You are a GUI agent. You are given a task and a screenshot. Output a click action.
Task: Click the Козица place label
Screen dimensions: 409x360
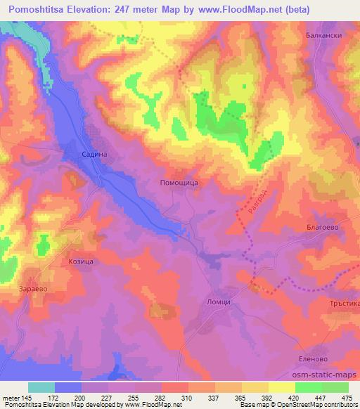click(x=81, y=261)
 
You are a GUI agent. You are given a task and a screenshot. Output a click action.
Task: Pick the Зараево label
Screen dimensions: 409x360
click(x=33, y=288)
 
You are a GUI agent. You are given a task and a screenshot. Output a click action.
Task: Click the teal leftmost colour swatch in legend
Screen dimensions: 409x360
click(x=41, y=387)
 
